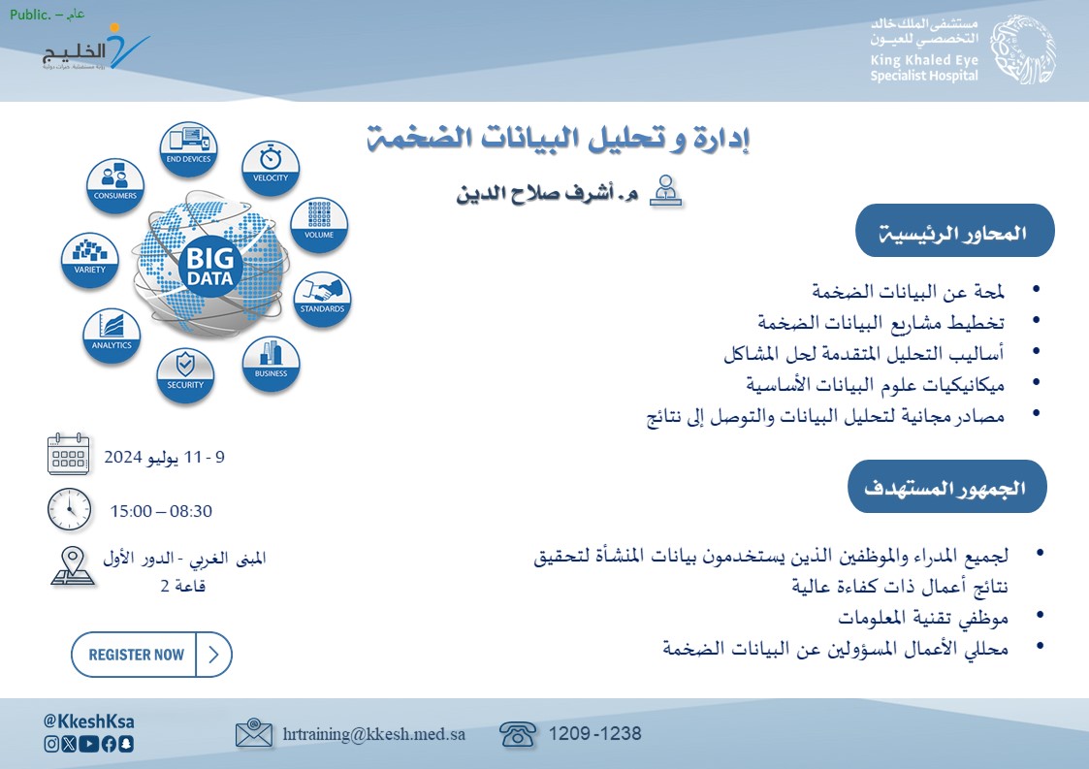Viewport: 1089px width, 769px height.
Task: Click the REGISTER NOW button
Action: tap(151, 655)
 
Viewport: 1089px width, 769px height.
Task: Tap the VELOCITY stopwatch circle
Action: tap(271, 168)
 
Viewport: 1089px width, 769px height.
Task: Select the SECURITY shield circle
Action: tap(185, 374)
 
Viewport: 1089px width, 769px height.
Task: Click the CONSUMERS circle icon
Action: tap(115, 185)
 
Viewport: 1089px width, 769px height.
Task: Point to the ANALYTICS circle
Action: tap(112, 336)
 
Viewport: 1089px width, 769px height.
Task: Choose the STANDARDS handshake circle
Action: tap(322, 299)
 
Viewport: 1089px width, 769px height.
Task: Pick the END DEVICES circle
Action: tap(188, 148)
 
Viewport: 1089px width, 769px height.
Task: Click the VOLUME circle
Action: tap(319, 224)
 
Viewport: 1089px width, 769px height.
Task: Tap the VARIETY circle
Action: tap(89, 260)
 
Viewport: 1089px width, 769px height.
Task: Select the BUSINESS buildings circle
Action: tap(271, 364)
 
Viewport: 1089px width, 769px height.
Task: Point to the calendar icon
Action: tap(68, 454)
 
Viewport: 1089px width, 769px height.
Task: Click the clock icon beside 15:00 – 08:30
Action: tap(70, 509)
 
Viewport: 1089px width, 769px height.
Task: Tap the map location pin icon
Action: tap(72, 565)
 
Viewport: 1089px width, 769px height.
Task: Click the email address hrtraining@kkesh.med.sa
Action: tap(373, 734)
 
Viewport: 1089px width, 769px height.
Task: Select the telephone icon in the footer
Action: tap(518, 734)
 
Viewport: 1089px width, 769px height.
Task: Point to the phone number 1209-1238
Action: tap(594, 733)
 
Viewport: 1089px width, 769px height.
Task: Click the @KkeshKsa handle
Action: tap(89, 721)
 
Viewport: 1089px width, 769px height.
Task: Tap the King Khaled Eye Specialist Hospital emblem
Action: tap(1023, 50)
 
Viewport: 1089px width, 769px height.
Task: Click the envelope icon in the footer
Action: tap(253, 733)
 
